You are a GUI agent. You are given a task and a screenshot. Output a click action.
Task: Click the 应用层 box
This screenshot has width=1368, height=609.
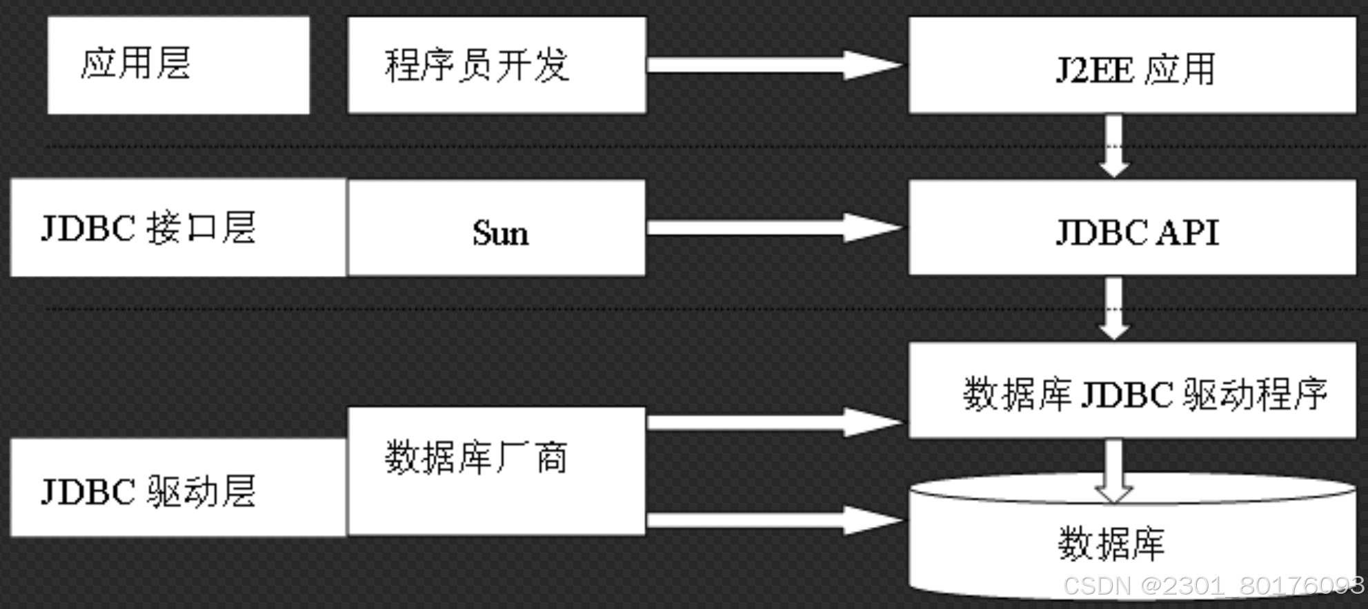point(178,65)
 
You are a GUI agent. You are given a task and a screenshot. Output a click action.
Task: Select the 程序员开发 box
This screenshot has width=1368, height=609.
point(497,65)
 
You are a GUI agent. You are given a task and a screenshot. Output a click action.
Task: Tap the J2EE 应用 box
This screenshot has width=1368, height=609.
point(1132,66)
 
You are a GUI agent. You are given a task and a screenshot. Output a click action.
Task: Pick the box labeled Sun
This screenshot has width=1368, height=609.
point(497,228)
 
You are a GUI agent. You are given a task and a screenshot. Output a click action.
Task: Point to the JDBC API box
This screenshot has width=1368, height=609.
point(1132,228)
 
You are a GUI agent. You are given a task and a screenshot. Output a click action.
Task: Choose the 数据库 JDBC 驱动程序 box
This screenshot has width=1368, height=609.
point(1132,391)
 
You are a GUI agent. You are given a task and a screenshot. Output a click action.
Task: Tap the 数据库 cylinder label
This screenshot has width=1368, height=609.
point(1111,544)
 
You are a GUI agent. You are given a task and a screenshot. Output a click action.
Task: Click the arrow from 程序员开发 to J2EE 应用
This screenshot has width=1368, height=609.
point(773,65)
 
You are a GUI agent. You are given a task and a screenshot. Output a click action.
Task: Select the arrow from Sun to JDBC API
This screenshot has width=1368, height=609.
point(773,228)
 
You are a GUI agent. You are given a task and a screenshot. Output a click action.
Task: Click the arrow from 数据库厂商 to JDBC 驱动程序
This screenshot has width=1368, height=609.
point(773,421)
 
